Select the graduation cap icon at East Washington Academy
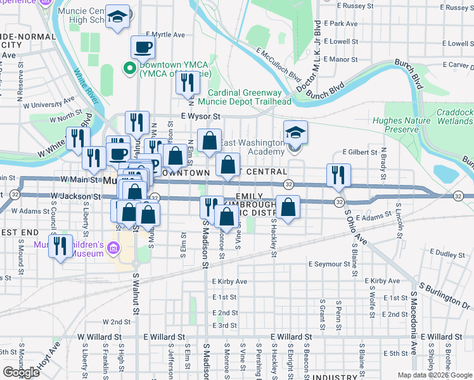(x=295, y=132)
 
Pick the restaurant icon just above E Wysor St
(x=187, y=82)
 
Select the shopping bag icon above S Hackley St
(x=288, y=207)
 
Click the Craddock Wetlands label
(x=454, y=117)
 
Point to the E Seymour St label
(x=329, y=264)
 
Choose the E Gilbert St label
(x=360, y=153)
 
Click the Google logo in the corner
(x=21, y=372)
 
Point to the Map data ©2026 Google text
(x=434, y=375)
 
